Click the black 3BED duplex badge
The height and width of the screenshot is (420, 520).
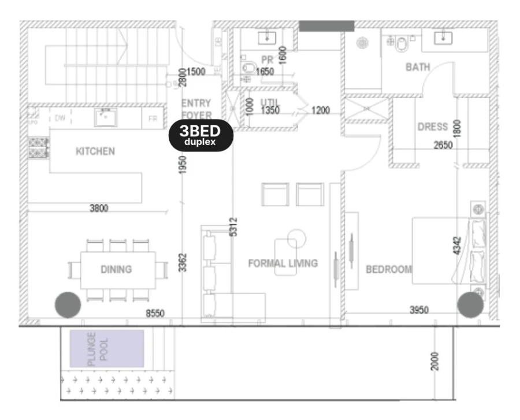[x=200, y=136]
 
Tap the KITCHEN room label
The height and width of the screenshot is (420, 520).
[x=95, y=151]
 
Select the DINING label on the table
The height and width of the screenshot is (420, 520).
[x=116, y=269]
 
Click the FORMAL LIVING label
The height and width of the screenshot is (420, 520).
[x=283, y=263]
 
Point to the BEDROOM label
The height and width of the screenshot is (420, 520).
[x=389, y=269]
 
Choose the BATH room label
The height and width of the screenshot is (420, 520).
[x=417, y=67]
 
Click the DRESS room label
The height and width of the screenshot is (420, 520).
[x=432, y=127]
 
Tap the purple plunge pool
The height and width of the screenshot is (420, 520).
[x=107, y=348]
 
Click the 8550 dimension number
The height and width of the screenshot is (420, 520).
[x=154, y=313]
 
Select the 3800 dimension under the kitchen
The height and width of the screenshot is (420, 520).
[x=99, y=209]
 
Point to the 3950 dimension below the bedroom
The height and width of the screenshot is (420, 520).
[x=419, y=311]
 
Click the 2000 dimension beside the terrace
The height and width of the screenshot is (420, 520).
[x=435, y=362]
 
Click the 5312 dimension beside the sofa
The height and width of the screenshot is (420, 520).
[x=233, y=226]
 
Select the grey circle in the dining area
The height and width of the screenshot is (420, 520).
[x=68, y=304]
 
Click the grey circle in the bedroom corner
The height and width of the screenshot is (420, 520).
[x=470, y=304]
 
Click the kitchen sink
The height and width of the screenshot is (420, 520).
[x=106, y=117]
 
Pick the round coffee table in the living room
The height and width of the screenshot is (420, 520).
[x=296, y=236]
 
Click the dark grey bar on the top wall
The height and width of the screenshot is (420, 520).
[x=326, y=26]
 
